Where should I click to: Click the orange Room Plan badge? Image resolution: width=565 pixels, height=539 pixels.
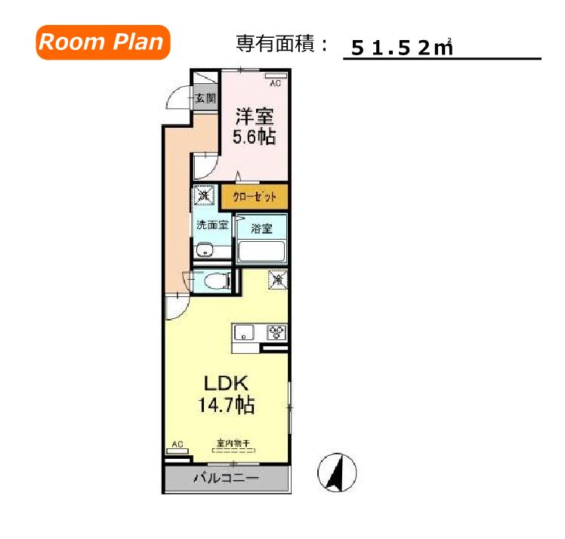pyautogui.click(x=101, y=42)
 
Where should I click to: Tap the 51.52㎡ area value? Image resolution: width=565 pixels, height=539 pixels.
pyautogui.click(x=396, y=48)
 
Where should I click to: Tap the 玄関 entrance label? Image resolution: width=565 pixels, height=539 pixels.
pyautogui.click(x=205, y=98)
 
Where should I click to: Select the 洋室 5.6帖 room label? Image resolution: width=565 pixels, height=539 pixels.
pyautogui.click(x=255, y=126)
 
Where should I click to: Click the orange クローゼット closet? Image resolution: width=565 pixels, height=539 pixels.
pyautogui.click(x=255, y=197)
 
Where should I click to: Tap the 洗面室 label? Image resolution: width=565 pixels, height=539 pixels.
pyautogui.click(x=211, y=225)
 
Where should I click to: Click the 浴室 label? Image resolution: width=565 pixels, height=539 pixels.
pyautogui.click(x=261, y=226)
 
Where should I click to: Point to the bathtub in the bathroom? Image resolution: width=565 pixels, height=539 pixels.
pyautogui.click(x=261, y=250)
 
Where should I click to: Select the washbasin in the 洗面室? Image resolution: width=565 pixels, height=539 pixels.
pyautogui.click(x=202, y=252)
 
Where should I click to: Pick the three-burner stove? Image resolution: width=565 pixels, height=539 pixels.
pyautogui.click(x=276, y=332)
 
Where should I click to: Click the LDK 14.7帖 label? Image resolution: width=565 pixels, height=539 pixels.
pyautogui.click(x=226, y=393)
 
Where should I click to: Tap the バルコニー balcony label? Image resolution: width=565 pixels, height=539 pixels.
pyautogui.click(x=226, y=478)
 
